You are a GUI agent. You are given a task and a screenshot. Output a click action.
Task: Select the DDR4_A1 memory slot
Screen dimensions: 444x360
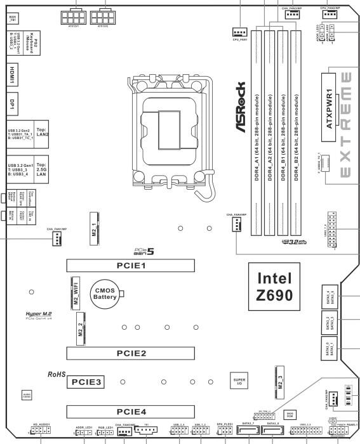point(256,133)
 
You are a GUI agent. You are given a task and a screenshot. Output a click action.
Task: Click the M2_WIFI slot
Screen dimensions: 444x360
point(76,292)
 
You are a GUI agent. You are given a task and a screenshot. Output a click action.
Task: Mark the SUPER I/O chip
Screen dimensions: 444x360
point(235,381)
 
